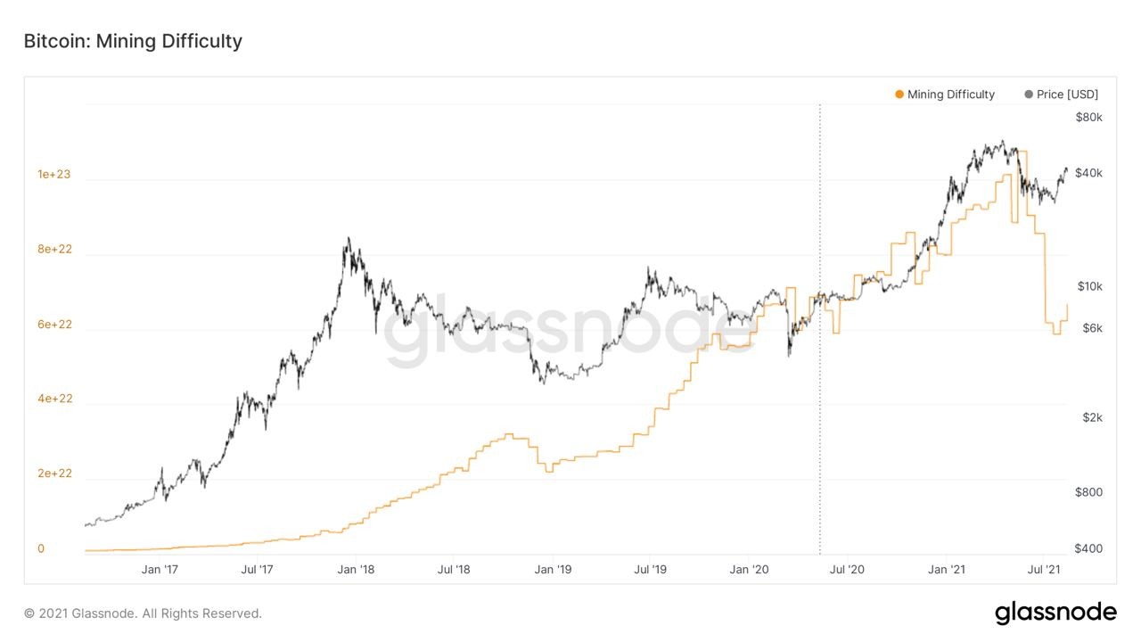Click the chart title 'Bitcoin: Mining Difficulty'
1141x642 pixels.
click(133, 41)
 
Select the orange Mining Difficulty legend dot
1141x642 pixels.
click(899, 95)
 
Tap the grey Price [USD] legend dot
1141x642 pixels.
click(1029, 95)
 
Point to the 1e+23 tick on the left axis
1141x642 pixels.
click(54, 174)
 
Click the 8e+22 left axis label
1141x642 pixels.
click(54, 249)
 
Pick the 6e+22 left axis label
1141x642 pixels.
click(54, 324)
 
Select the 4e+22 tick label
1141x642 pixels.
click(54, 399)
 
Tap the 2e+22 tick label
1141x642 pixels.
click(54, 473)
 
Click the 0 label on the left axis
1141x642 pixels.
click(41, 548)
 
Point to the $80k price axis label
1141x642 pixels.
click(1088, 118)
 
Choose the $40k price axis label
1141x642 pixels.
click(1088, 173)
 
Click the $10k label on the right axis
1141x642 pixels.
click(1089, 286)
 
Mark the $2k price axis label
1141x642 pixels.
click(1092, 418)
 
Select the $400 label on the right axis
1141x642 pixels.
click(1088, 548)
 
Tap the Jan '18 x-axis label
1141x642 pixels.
click(356, 570)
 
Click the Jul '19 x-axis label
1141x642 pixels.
click(650, 570)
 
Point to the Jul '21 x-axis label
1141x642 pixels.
click(1043, 570)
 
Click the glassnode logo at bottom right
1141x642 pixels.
click(1056, 613)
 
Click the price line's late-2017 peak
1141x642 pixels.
click(349, 237)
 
